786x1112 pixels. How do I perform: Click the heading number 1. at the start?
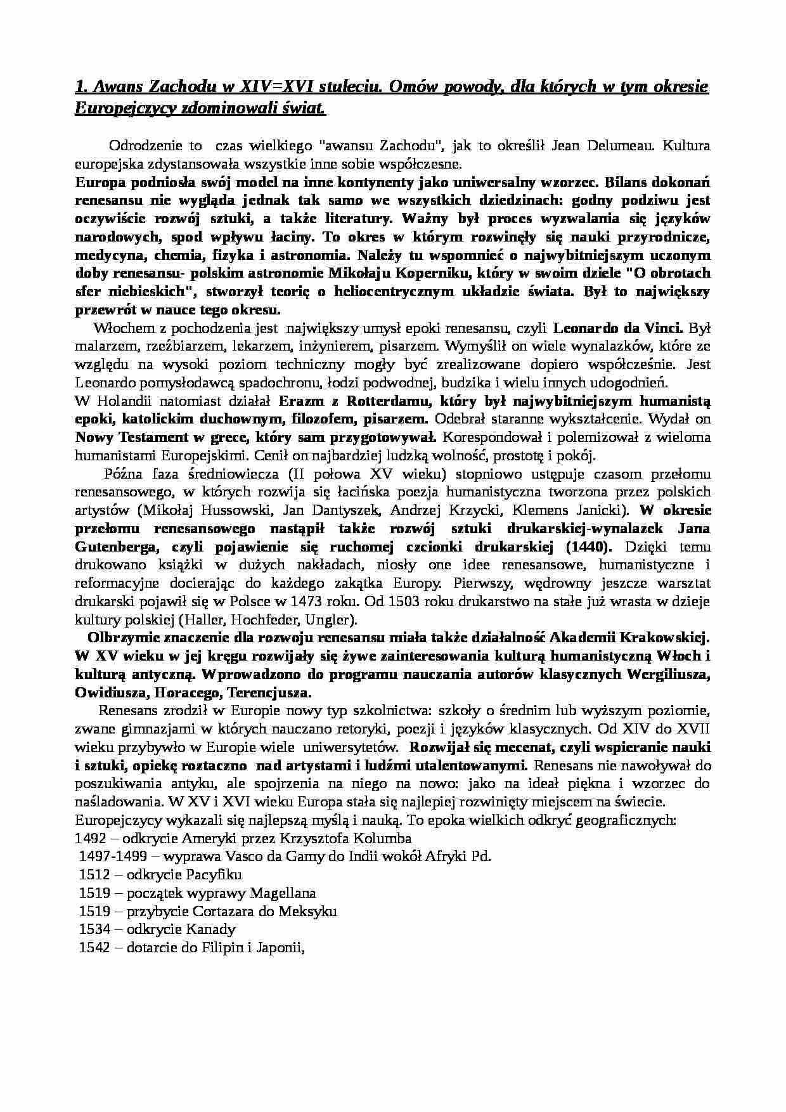[x=82, y=87]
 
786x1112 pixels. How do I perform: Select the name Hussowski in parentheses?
[x=233, y=510]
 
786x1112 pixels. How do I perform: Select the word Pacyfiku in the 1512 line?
[x=214, y=875]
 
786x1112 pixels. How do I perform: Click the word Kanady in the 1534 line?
[x=212, y=929]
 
